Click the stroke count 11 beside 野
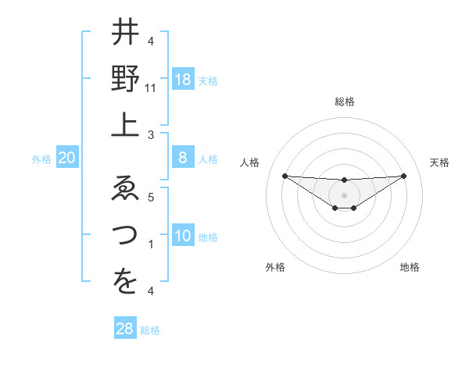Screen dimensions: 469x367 (151, 89)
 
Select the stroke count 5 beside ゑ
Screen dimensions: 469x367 (151, 198)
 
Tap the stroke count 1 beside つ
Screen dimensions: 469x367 (151, 244)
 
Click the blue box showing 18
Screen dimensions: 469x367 (183, 80)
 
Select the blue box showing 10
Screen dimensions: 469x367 (183, 236)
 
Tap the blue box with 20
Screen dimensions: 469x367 (67, 159)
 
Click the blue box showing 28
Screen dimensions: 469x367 (125, 329)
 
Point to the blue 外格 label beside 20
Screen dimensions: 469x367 (41, 159)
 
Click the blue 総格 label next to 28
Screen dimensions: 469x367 (150, 330)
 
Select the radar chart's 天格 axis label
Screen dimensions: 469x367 (439, 162)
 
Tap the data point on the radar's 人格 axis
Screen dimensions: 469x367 (285, 176)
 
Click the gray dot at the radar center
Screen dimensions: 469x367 (344, 194)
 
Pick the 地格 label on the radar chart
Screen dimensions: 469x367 (410, 267)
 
